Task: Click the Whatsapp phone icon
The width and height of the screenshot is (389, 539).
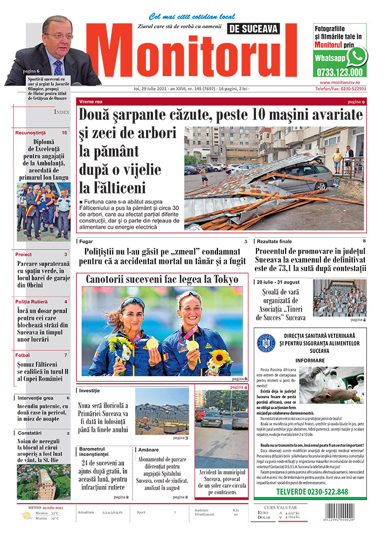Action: [x=357, y=56]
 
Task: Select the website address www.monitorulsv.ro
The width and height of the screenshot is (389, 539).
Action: [x=340, y=82]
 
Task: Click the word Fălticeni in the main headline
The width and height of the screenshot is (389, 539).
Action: [x=114, y=188]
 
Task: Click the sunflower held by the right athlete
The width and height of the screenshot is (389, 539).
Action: [x=219, y=356]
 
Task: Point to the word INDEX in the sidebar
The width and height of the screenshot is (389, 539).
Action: [x=61, y=112]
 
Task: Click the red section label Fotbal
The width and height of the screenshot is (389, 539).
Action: [x=23, y=355]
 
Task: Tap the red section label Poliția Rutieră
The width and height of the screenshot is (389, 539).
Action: [x=34, y=301]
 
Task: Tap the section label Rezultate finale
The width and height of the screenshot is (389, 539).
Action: [x=274, y=241]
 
